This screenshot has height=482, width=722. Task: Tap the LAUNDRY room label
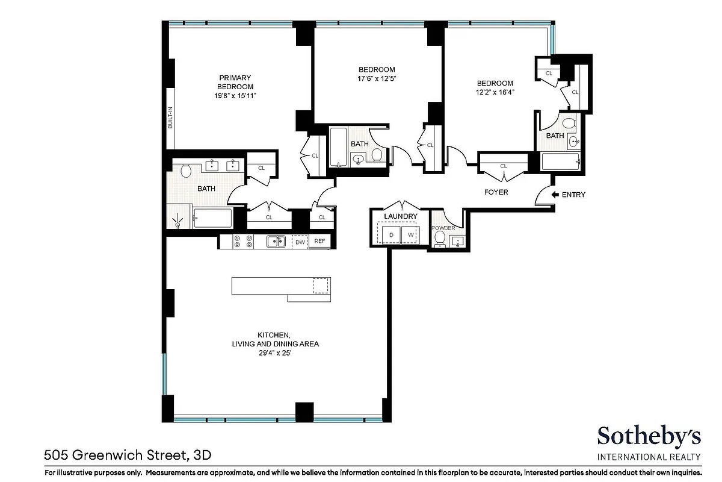400,216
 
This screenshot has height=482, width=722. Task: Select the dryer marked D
391,234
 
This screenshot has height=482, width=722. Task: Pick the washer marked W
411,234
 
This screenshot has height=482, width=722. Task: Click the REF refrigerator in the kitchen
319,242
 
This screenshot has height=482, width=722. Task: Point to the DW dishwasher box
300,242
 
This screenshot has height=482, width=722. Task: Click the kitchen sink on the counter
277,241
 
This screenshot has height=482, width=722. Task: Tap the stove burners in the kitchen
242,241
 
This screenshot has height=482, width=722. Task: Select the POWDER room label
443,228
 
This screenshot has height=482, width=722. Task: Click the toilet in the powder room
440,240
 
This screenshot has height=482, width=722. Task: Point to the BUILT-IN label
170,117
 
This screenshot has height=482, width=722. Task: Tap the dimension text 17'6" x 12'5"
377,78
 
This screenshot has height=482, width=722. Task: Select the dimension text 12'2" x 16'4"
495,92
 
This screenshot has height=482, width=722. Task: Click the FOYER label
496,192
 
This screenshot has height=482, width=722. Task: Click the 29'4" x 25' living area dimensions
275,353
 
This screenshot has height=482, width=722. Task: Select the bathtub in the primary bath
212,218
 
